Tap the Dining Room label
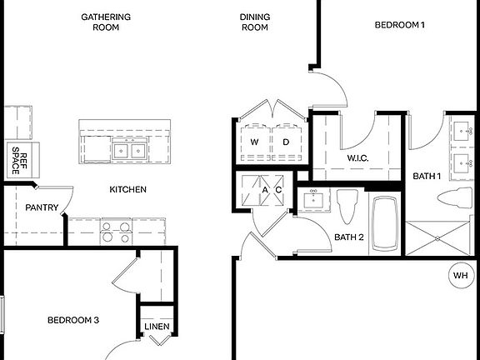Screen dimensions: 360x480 tap(254, 22)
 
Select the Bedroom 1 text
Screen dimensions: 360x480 tap(399, 25)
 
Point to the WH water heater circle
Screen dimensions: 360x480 tap(459, 275)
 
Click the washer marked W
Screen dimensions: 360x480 tap(254, 142)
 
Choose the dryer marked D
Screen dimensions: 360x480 tap(285, 142)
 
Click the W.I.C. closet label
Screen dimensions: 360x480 tap(358, 158)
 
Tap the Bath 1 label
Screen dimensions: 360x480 tap(427, 175)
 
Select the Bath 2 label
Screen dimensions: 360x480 tap(349, 237)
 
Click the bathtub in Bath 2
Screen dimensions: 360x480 tap(386, 222)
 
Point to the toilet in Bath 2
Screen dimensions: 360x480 tap(348, 205)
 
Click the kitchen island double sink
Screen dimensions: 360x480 tap(129, 151)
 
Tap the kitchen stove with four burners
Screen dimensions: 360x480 tap(116, 231)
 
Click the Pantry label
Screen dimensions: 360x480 tap(40, 207)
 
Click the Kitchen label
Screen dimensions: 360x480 tap(127, 189)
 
